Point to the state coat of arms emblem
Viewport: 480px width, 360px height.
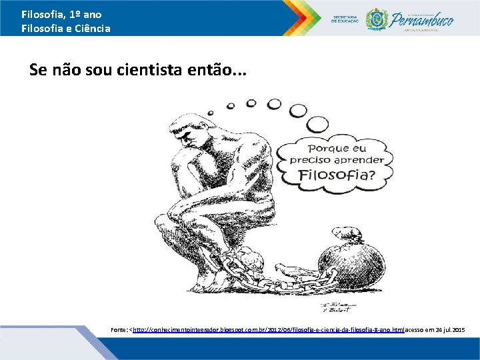coord(376,19)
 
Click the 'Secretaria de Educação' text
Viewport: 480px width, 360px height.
coord(345,18)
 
